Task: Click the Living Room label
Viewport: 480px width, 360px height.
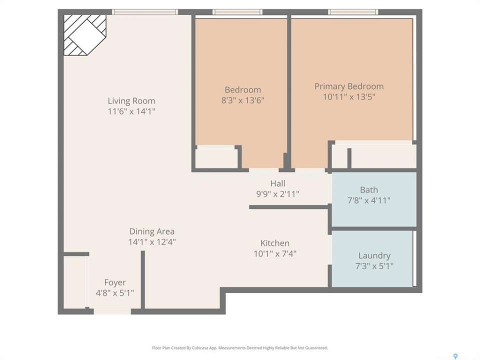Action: coord(131,100)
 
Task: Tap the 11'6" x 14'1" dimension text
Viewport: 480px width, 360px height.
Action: coord(131,111)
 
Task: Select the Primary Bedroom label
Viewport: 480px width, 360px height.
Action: coord(349,86)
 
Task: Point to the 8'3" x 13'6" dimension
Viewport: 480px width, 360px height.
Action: coord(243,100)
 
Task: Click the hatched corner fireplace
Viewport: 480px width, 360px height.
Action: coord(85,35)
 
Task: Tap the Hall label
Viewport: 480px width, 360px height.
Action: coord(277,183)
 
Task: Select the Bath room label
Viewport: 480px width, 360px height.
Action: coord(369,190)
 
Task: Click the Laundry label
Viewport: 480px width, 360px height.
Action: coord(374,255)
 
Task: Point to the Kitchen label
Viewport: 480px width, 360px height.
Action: coord(275,243)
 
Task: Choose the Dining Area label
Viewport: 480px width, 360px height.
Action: coord(152,231)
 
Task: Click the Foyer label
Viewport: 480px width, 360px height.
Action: coord(115,282)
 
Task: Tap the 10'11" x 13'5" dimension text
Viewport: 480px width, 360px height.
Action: coord(349,97)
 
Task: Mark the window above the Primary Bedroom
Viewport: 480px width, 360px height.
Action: coord(353,12)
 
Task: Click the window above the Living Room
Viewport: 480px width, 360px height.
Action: coord(144,12)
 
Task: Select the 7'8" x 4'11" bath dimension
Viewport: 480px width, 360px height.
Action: coord(369,200)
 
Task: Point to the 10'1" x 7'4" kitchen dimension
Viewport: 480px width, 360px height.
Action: coord(275,254)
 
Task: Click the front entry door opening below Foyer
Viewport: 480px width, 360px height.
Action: coord(112,311)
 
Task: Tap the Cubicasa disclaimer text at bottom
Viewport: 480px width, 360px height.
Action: coord(240,348)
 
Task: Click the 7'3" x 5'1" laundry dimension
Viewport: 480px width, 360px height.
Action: coord(374,266)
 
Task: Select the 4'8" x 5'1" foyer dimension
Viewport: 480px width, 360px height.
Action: coord(115,293)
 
